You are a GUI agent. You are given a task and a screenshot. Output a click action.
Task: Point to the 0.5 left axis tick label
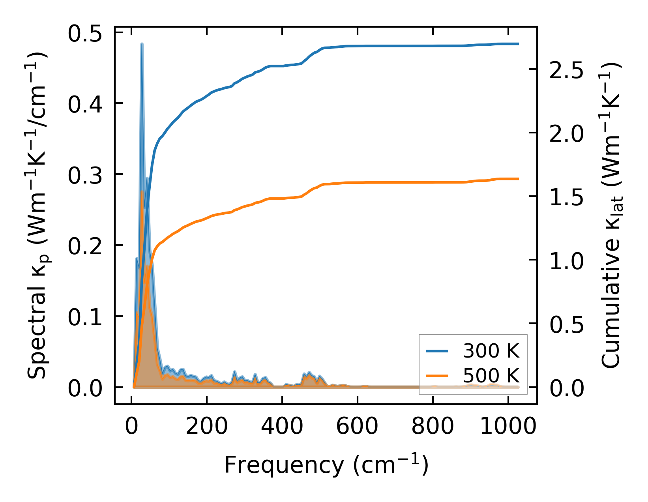point(85,34)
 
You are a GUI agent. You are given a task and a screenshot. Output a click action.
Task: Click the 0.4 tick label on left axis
point(85,105)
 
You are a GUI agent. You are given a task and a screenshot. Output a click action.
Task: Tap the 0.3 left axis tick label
point(85,176)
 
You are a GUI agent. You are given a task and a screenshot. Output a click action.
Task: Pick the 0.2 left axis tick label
point(85,247)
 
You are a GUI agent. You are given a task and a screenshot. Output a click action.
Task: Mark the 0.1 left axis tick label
point(85,317)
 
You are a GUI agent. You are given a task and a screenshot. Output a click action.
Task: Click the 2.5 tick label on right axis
point(566,71)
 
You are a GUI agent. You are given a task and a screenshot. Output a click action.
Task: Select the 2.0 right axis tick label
point(566,134)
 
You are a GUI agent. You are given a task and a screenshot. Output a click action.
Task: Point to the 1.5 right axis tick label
point(566,198)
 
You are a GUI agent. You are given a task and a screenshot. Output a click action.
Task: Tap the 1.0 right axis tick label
point(566,261)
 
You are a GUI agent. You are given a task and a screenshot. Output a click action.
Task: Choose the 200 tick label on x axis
point(207,427)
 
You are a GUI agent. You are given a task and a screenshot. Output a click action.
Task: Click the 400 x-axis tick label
point(282,427)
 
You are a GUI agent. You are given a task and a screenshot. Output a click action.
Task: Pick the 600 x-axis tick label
point(358,427)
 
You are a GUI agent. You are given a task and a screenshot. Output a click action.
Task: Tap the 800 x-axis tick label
point(433,427)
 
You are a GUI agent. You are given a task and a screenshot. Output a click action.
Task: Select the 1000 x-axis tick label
point(508,427)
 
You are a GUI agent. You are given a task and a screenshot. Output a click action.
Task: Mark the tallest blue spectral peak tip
point(142,44)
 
